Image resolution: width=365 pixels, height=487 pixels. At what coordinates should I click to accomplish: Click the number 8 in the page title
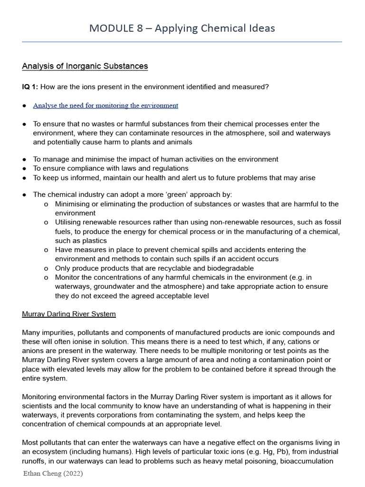point(139,28)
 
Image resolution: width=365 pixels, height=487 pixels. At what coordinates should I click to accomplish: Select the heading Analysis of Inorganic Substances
point(85,66)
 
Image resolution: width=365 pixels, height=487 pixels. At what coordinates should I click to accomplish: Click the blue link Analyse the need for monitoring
point(106,105)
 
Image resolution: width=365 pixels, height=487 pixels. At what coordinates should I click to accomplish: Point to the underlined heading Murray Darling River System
point(69,314)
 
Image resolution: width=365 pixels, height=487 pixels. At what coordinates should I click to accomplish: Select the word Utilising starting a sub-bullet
point(70,222)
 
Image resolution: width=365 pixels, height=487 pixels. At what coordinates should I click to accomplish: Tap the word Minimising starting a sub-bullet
point(74,204)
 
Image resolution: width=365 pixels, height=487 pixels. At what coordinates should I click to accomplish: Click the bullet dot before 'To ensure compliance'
point(24,168)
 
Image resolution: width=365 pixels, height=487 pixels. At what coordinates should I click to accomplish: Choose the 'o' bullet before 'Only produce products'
point(46,268)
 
